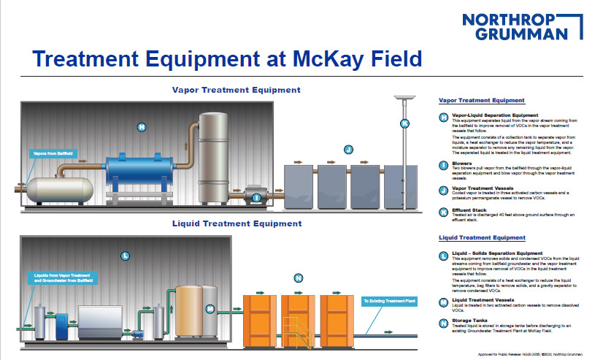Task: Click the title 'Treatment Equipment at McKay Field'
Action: tap(227, 58)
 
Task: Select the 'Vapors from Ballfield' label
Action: tap(53, 154)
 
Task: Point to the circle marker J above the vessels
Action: tap(348, 150)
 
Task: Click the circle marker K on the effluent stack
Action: tap(404, 123)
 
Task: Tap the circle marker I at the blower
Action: tap(256, 196)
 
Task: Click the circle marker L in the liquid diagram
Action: tap(125, 256)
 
